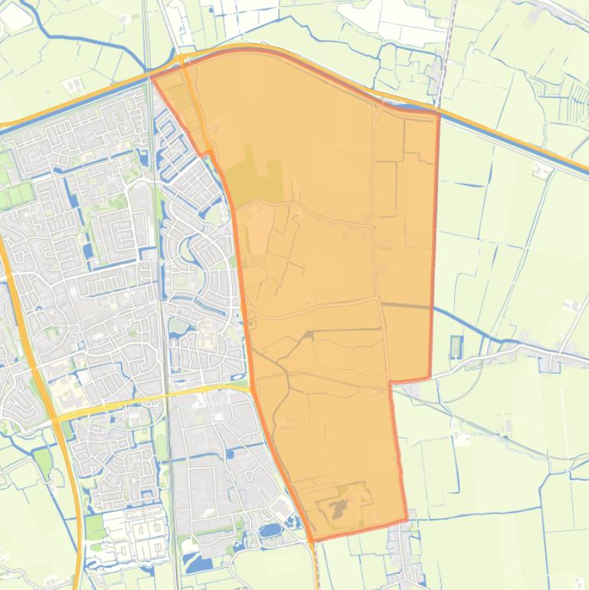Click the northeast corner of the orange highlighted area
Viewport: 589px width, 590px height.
(x=439, y=114)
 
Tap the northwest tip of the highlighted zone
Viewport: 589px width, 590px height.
(x=152, y=77)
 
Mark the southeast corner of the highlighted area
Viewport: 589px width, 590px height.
(x=406, y=520)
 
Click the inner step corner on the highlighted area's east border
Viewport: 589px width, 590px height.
(x=390, y=382)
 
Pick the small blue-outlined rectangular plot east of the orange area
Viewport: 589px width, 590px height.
(x=457, y=346)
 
